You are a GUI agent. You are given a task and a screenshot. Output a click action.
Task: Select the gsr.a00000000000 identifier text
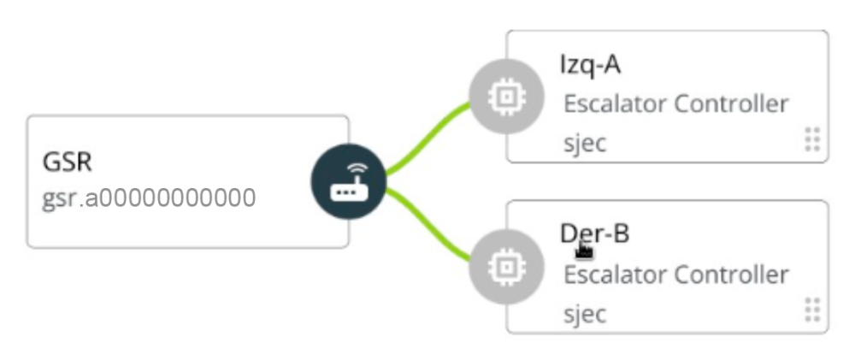149,198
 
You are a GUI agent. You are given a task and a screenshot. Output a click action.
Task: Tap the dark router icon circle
348,182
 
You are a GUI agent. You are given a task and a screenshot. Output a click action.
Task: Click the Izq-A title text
590,65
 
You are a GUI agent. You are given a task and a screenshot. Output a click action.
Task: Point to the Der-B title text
595,233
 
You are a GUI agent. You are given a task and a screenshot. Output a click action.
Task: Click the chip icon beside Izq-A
506,97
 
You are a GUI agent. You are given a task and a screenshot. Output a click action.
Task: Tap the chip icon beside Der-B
506,266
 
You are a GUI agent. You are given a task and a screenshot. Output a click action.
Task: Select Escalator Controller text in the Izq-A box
675,104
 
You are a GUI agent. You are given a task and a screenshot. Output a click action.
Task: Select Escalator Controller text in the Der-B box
675,274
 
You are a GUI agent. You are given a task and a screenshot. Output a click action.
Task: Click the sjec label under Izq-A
585,142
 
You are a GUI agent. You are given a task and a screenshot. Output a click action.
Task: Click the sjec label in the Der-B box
585,313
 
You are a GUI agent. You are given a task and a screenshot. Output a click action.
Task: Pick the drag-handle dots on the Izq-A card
813,139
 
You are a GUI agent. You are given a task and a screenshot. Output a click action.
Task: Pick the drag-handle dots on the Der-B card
813,309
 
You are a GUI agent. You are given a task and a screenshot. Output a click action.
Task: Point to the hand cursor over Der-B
585,249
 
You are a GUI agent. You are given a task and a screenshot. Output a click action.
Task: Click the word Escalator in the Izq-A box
616,104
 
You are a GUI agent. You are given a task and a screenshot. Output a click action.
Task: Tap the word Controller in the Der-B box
732,274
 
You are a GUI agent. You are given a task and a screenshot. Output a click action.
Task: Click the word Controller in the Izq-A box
732,104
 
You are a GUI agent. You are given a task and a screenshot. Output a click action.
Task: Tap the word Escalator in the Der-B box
616,274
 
